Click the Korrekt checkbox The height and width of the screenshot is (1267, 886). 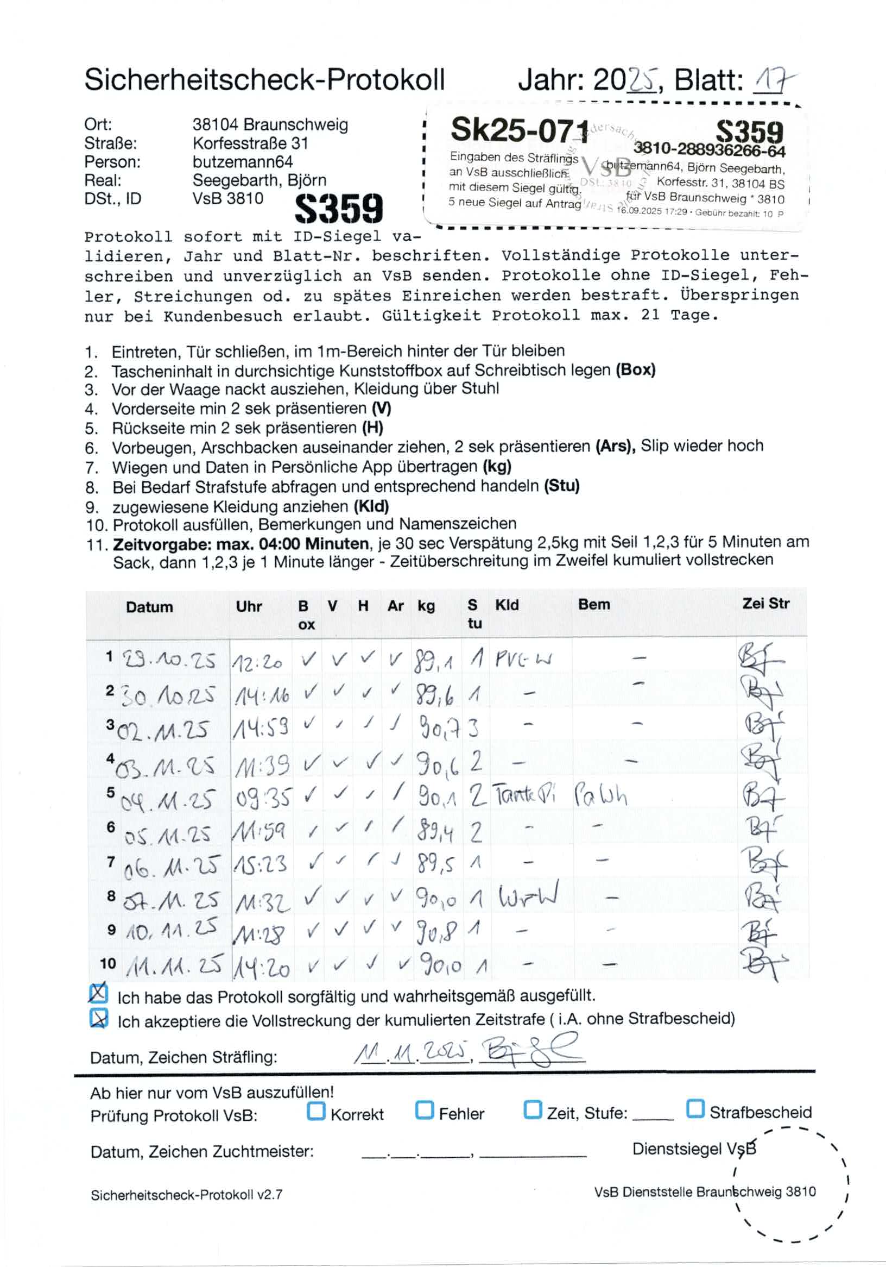click(x=315, y=1111)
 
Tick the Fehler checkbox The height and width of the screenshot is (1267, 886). click(x=423, y=1110)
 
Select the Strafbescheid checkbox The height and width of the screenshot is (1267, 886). click(x=695, y=1108)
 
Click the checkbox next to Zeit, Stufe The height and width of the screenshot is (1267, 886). click(x=532, y=1109)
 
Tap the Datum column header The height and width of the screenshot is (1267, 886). click(x=149, y=607)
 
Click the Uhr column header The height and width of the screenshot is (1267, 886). click(x=249, y=606)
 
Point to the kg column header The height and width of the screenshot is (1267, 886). click(x=426, y=606)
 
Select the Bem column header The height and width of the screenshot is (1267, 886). click(x=594, y=604)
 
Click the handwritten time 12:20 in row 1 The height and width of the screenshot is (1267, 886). click(x=257, y=661)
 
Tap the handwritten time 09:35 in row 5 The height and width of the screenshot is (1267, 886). click(x=262, y=798)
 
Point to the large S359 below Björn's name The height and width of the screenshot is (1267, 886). click(x=339, y=209)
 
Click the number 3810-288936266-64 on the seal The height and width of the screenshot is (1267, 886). click(x=709, y=149)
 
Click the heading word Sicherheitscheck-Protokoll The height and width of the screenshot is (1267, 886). click(x=264, y=80)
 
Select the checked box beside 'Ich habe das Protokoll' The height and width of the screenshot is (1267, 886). click(x=98, y=993)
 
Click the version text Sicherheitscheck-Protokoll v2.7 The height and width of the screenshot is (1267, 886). click(x=186, y=1195)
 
